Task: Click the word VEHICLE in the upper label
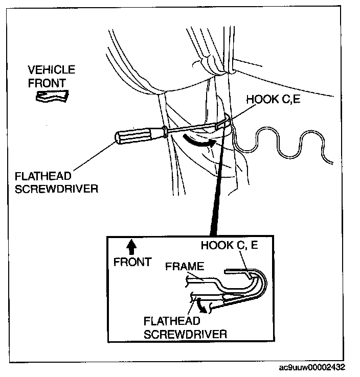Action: point(51,70)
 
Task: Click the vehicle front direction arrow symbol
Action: point(52,96)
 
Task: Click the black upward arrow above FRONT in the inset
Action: point(131,247)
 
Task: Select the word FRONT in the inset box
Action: point(132,262)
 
